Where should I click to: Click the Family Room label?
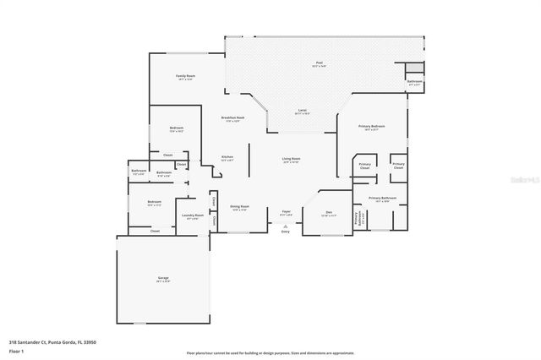[185, 76]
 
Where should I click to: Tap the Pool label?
[320, 63]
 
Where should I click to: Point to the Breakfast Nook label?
[232, 117]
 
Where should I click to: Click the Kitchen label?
[227, 157]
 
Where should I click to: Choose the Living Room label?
[291, 159]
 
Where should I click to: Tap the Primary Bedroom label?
[372, 126]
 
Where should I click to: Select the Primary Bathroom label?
[382, 198]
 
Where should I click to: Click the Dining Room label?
[239, 206]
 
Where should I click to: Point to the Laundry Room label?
[193, 215]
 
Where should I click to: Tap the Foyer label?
[286, 212]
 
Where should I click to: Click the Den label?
[329, 212]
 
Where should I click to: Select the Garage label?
[163, 278]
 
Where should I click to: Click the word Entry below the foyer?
[284, 232]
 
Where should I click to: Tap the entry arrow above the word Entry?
[284, 226]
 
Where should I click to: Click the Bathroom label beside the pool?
[414, 81]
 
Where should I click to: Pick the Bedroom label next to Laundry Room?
[154, 201]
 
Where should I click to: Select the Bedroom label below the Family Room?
[177, 128]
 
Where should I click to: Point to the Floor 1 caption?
[16, 350]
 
